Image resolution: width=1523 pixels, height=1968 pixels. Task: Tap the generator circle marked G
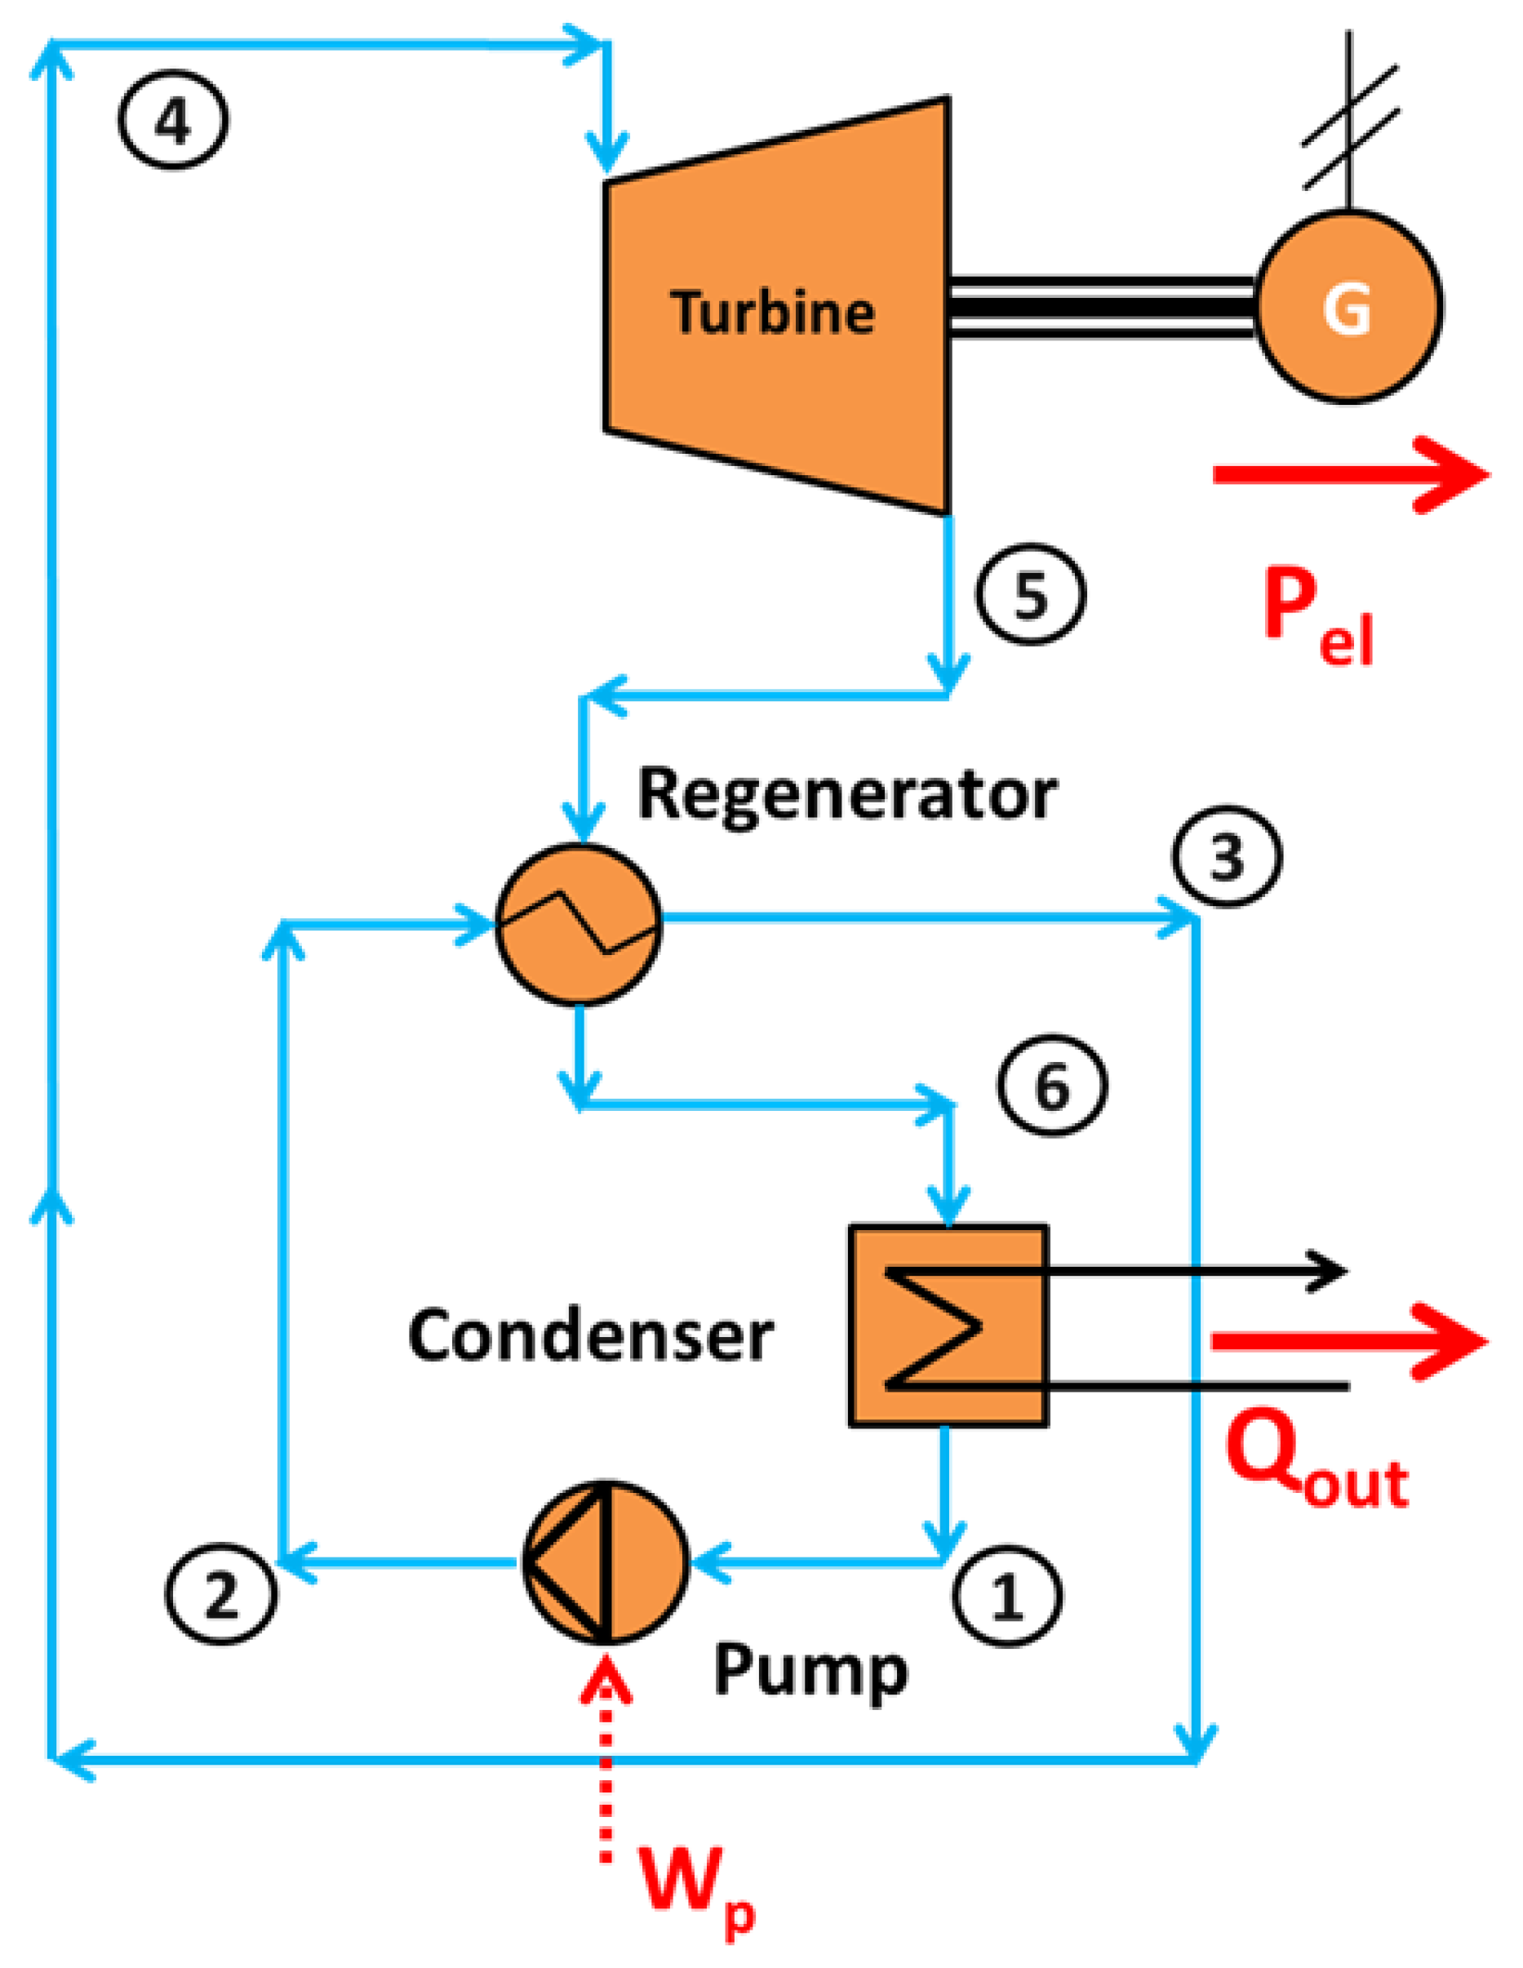pos(1348,306)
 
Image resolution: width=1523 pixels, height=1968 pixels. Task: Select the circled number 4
pos(172,121)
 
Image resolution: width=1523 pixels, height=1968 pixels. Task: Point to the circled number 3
pos(1227,855)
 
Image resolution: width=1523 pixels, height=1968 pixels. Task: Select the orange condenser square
pos(948,1326)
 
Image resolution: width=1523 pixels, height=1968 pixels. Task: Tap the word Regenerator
pos(846,796)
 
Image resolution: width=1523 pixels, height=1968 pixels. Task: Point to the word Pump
pos(810,1673)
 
